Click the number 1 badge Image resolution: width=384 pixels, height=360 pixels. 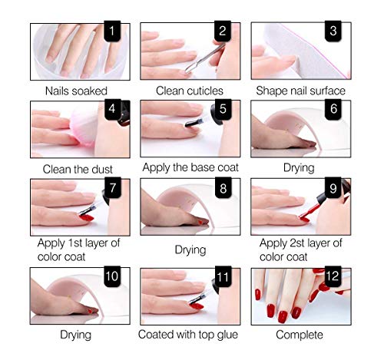click(112, 33)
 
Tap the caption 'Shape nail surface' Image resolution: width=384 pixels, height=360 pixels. click(300, 91)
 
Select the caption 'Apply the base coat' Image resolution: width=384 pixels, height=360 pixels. click(190, 167)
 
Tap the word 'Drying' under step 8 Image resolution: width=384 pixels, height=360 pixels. click(190, 249)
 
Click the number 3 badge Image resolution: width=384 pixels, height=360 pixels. click(333, 33)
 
